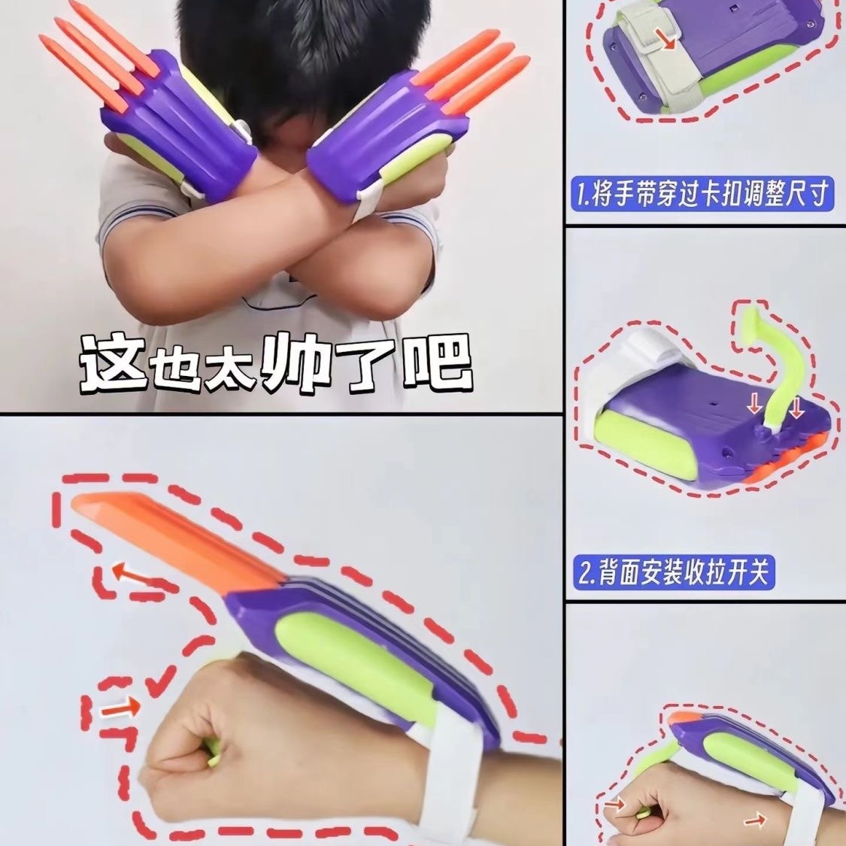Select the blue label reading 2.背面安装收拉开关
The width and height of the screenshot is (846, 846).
(673, 572)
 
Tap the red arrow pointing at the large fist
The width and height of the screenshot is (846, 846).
(121, 708)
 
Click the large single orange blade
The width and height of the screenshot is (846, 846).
(178, 539)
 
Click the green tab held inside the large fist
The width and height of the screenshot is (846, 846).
(211, 751)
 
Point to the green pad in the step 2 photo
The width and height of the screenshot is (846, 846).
(642, 442)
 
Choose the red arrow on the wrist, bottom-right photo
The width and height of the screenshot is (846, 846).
(755, 822)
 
